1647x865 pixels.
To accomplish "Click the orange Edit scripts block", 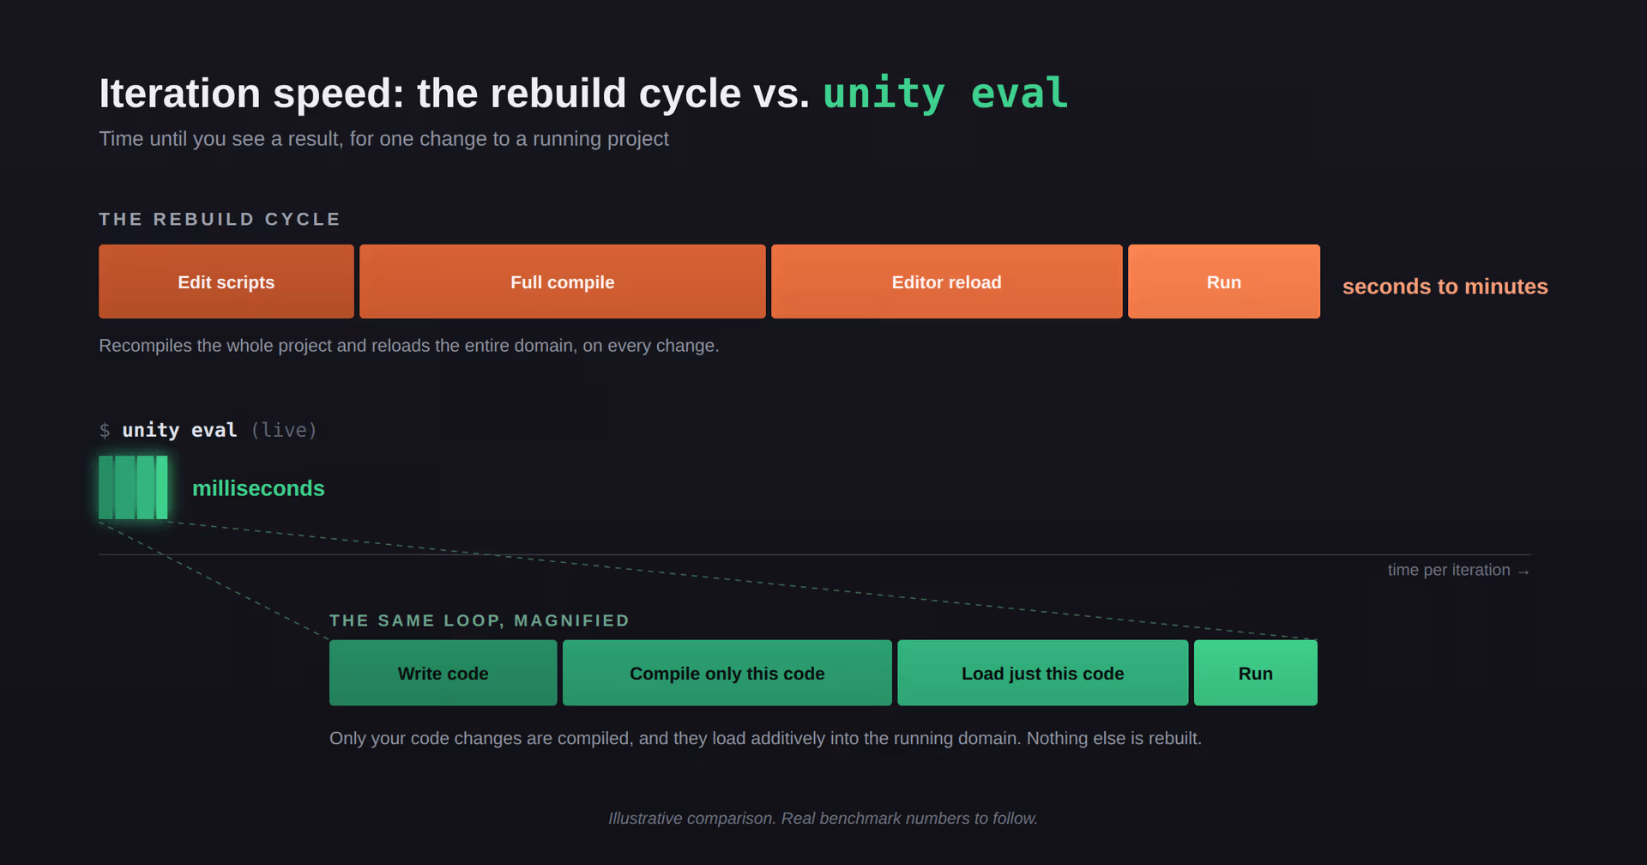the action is [x=226, y=281].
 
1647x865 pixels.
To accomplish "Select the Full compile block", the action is [x=563, y=281].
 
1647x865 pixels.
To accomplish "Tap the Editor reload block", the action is [x=947, y=281].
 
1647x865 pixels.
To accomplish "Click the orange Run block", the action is [x=1224, y=281].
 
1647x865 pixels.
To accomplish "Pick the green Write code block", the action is [x=443, y=673].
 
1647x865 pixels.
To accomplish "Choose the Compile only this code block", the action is [x=727, y=673].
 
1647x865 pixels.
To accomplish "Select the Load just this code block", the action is [x=1043, y=673].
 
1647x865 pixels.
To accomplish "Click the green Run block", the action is [x=1256, y=673].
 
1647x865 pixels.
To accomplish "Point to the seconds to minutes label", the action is [x=1445, y=287].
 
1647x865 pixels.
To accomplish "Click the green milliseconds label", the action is [x=258, y=488].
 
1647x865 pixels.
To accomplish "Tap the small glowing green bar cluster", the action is [x=133, y=487].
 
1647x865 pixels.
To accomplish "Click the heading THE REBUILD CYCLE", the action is [x=220, y=219].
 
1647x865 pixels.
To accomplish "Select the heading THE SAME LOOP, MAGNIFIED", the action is [x=480, y=620].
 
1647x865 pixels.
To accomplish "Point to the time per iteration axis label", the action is [x=1458, y=570].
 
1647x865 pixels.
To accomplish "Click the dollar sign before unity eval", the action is [x=105, y=430].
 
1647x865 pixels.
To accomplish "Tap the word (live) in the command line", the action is [x=284, y=430].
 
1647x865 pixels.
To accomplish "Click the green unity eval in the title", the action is [x=945, y=93].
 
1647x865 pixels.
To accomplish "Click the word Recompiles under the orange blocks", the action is [x=145, y=346].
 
